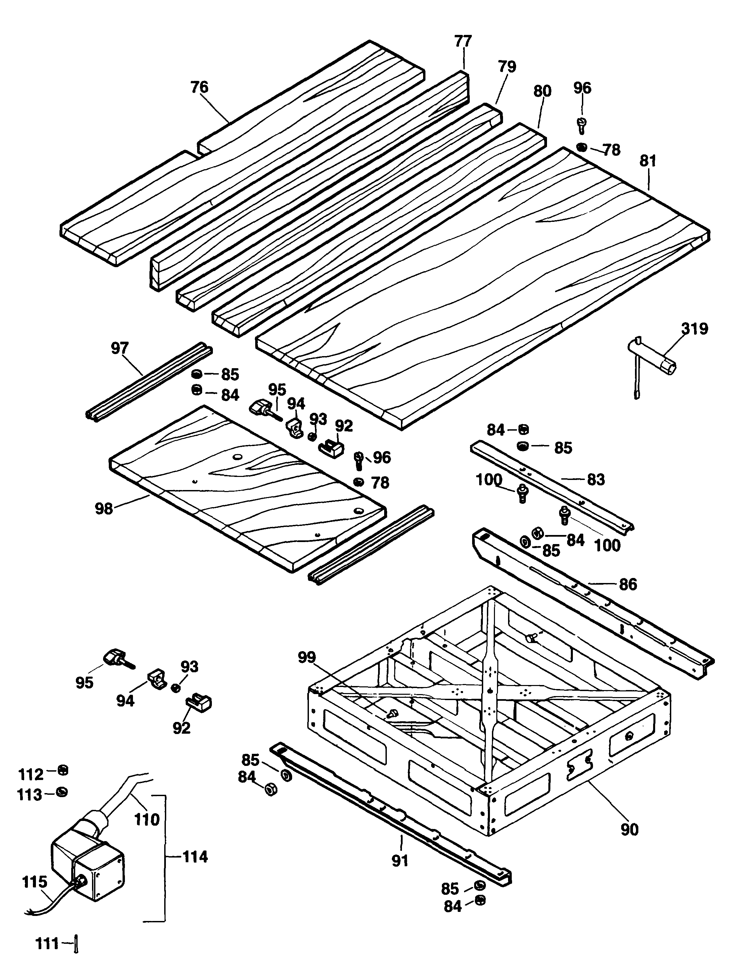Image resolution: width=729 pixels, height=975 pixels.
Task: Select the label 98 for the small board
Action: (104, 509)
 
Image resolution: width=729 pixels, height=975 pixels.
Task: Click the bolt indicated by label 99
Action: (391, 713)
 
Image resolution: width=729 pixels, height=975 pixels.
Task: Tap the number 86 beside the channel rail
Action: (628, 584)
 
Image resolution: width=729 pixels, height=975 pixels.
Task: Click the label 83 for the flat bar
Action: (596, 479)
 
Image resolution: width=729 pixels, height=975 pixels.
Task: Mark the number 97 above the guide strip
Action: (120, 348)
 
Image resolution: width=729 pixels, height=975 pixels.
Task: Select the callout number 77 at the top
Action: (463, 41)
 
